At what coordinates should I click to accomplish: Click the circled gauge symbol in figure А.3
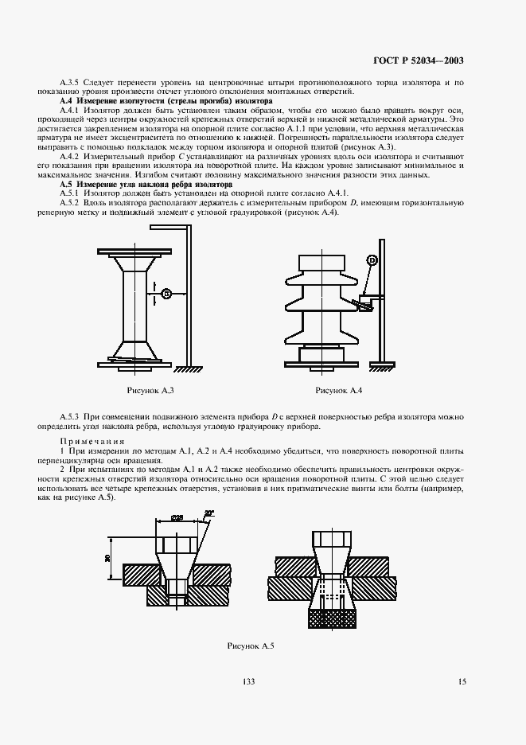[x=166, y=293]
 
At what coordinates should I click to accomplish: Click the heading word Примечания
[x=90, y=441]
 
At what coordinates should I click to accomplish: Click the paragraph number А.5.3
[x=72, y=417]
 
